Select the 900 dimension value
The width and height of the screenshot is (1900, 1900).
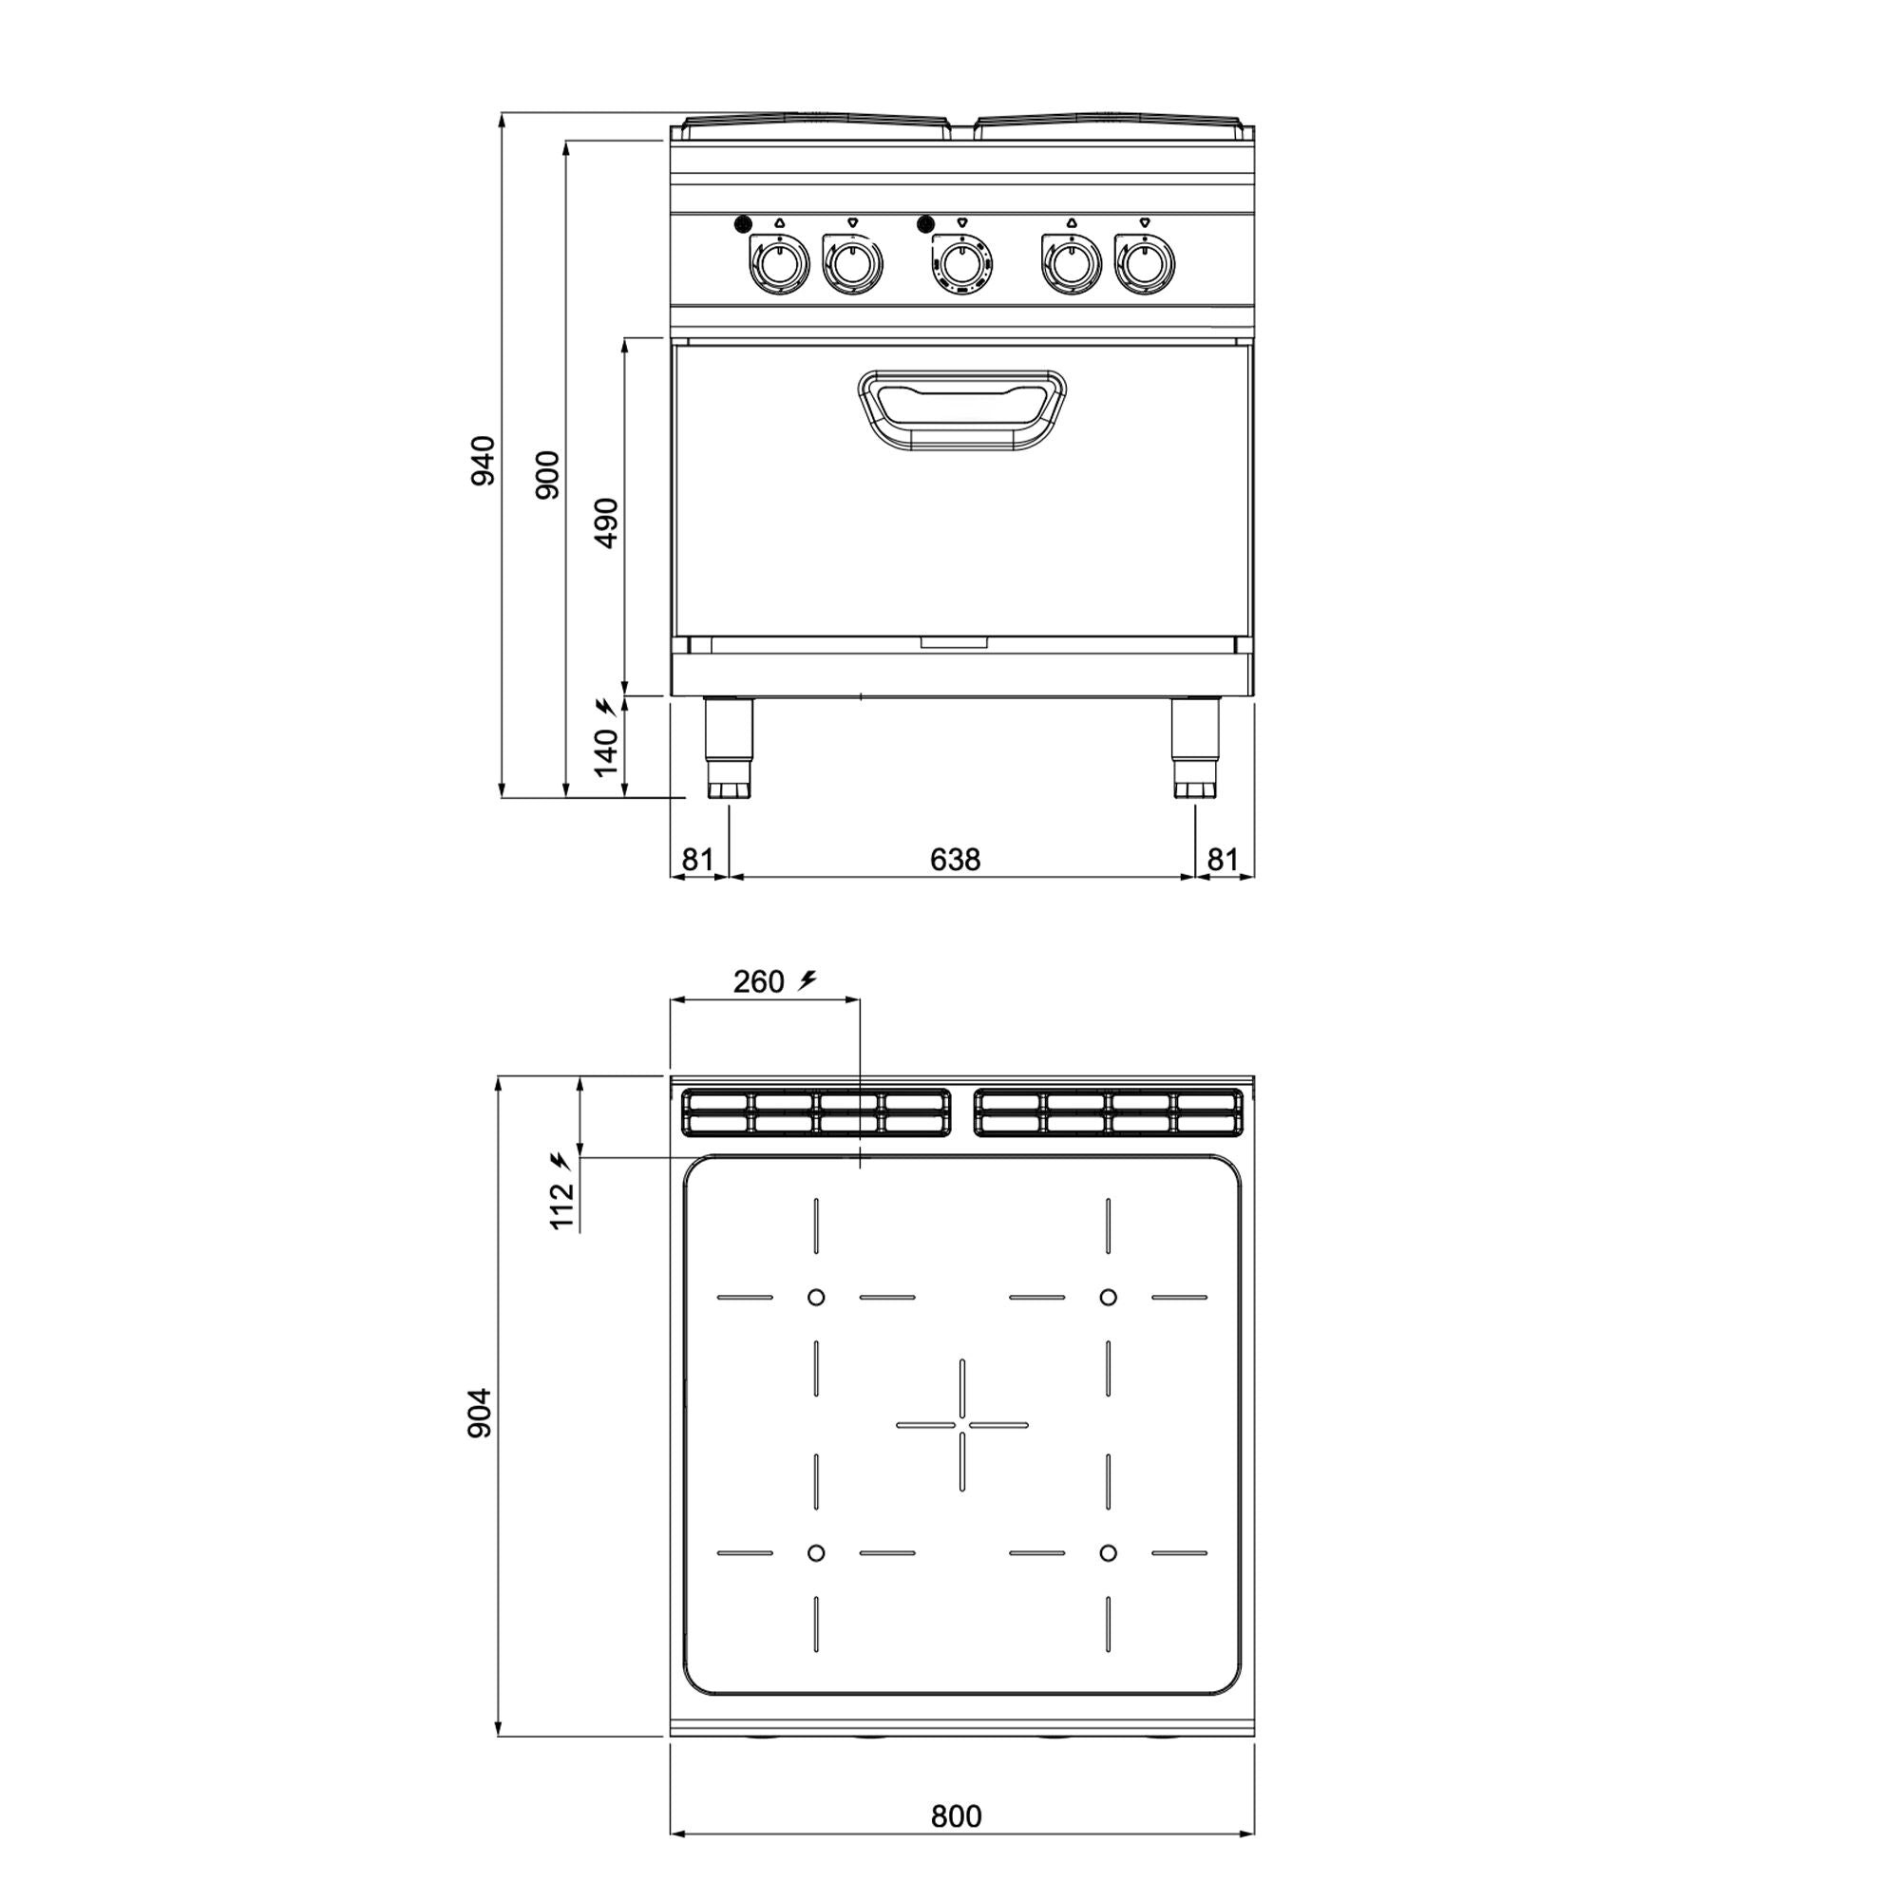click(x=548, y=475)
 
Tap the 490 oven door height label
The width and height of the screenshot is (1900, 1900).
click(x=607, y=523)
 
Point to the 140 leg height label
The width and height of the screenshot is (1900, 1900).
click(x=607, y=752)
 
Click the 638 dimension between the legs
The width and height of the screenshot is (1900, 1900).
click(x=955, y=861)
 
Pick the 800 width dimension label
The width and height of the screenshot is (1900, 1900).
click(x=956, y=1816)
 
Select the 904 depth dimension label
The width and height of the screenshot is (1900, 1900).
click(x=479, y=1414)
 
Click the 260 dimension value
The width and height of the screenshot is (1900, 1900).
click(x=758, y=981)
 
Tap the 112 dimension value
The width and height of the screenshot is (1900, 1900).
click(x=561, y=1206)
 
